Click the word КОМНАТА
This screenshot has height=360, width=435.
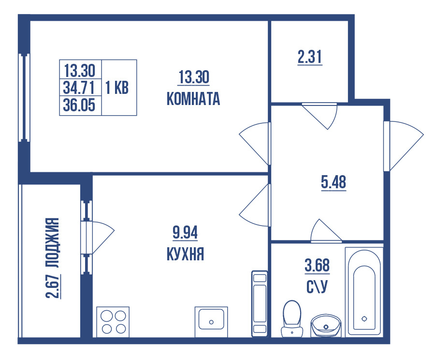[x=193, y=99]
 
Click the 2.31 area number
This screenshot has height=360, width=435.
[x=310, y=58]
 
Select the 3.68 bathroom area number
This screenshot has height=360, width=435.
[x=317, y=266]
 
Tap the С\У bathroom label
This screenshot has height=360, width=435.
[x=317, y=286]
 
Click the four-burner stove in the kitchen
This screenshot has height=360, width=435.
[x=113, y=322]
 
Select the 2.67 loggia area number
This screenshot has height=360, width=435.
[x=54, y=286]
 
